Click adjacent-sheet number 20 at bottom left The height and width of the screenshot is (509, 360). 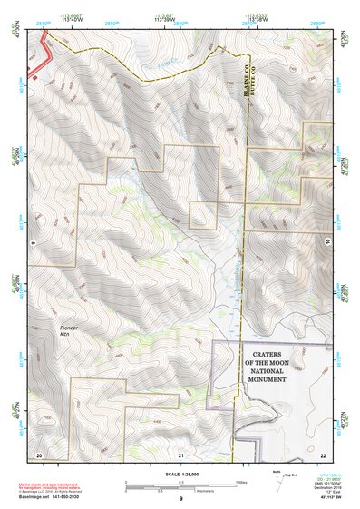38,454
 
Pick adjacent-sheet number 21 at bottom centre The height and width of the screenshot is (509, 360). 180,454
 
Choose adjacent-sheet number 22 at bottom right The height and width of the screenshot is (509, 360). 323,454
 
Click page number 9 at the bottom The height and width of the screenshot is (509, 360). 180,499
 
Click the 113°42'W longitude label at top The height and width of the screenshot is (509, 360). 70,20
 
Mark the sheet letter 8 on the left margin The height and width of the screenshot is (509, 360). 32,243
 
